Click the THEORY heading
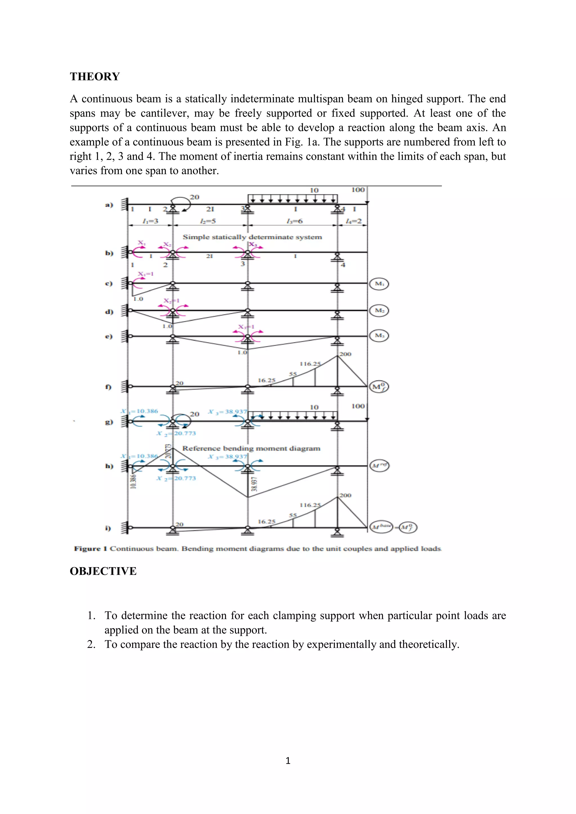[95, 76]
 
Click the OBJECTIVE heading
[103, 571]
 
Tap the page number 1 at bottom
[288, 761]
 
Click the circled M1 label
[379, 284]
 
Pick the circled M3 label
[379, 335]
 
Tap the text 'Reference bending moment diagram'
[251, 449]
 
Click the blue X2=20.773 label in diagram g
[176, 433]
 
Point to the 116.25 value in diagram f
[310, 364]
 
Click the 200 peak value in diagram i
[345, 495]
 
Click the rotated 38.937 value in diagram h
[254, 484]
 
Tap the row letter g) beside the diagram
[109, 422]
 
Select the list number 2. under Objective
[91, 644]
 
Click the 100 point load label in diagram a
[358, 190]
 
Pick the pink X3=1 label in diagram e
[246, 327]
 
